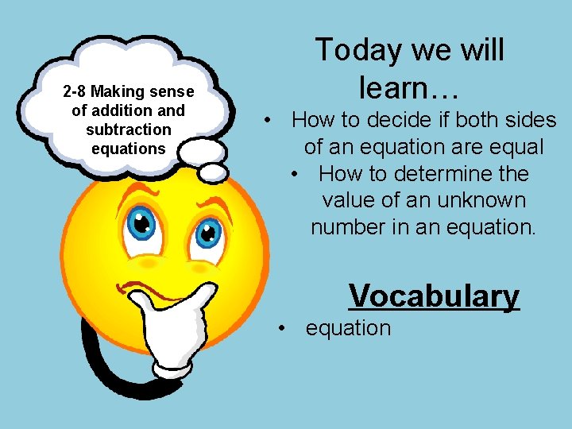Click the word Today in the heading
pyautogui.click(x=360, y=50)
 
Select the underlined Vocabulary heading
pyautogui.click(x=434, y=296)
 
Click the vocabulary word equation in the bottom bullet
pyautogui.click(x=348, y=328)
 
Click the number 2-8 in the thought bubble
pyautogui.click(x=75, y=92)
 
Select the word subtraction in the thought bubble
pyautogui.click(x=129, y=129)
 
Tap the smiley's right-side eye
pyautogui.click(x=209, y=233)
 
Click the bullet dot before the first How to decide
pyautogui.click(x=271, y=121)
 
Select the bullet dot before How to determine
pyautogui.click(x=296, y=174)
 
